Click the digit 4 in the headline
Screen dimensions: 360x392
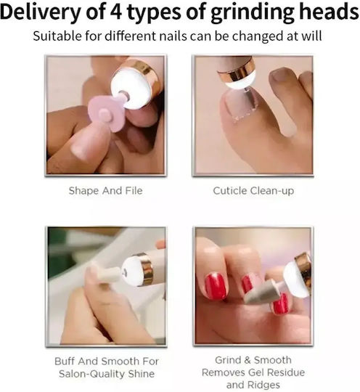[x=115, y=12]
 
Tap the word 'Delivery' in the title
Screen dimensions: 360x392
[x=40, y=12]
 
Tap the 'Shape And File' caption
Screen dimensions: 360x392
[x=105, y=191]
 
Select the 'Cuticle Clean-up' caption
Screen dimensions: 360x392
[x=253, y=191]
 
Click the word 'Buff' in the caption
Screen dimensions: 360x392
[x=65, y=362]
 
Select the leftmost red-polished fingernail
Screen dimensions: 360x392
[x=216, y=285]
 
